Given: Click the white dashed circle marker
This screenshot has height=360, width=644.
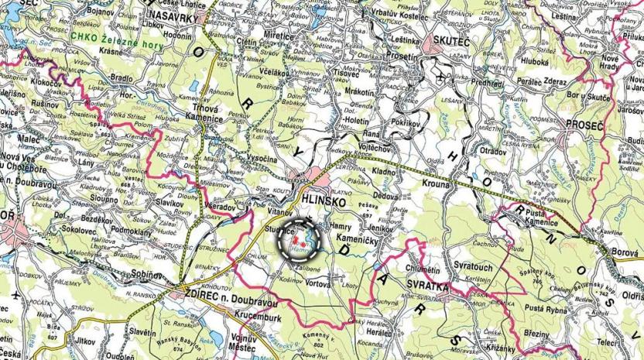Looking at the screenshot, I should pos(299,238).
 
